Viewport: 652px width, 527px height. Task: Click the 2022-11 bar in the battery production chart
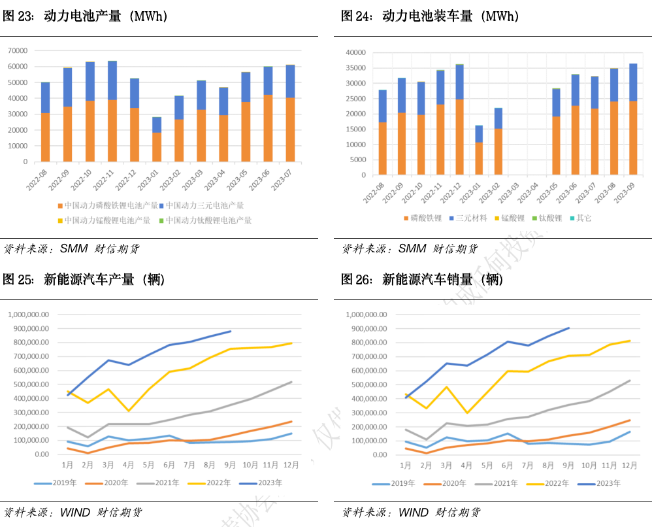point(112,111)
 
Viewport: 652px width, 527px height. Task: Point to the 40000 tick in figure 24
point(357,52)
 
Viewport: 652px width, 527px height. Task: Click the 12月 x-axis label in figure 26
point(629,466)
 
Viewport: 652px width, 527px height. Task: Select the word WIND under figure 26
point(413,512)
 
